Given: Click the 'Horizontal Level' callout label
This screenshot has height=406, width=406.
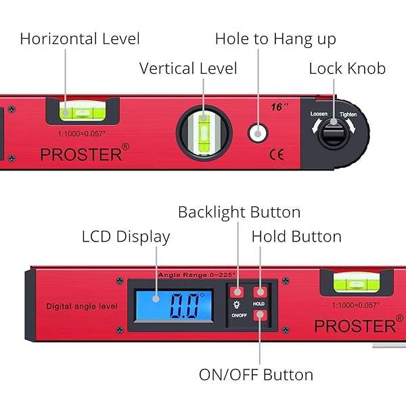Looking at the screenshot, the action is tap(80, 39).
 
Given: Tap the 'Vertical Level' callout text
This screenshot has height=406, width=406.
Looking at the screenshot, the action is tap(188, 68).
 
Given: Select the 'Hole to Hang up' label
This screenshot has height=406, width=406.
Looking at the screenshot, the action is tap(275, 39).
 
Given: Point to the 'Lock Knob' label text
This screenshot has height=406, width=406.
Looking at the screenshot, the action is tap(347, 68).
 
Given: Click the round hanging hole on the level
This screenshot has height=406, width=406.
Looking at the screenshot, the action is tap(258, 133).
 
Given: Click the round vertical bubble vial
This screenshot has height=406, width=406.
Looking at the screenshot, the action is tap(204, 133).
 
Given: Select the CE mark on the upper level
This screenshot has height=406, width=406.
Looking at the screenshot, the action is tap(277, 154).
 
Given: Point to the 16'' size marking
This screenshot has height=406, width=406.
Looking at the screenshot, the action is tap(279, 107).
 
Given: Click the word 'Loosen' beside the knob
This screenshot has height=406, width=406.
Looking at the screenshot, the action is tap(319, 114).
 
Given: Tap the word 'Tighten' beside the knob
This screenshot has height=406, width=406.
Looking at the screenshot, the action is tap(348, 114).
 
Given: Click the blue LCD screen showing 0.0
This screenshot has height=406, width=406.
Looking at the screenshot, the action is tap(174, 305).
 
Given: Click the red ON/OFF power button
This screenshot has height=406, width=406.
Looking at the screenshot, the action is tap(260, 315).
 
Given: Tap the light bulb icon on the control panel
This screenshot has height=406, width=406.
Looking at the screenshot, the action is tap(236, 304).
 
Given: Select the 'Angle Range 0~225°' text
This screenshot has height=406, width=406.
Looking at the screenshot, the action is tap(197, 275).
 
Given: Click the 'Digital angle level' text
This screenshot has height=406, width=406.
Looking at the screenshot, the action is tap(82, 307).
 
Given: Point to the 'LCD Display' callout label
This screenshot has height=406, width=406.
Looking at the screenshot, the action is tap(126, 237).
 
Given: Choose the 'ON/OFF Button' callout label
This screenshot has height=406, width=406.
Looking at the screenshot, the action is tap(256, 374).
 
